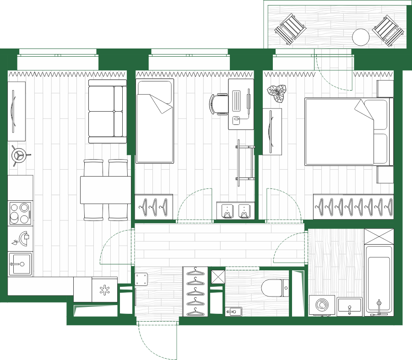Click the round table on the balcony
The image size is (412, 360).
(x=361, y=37)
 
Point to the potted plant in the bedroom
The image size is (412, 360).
(x=277, y=93)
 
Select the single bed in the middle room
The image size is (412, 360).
(x=155, y=122)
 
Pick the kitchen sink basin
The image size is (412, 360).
(x=20, y=264)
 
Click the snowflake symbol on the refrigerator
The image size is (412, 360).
(x=105, y=290)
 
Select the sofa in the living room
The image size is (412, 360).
(x=108, y=111)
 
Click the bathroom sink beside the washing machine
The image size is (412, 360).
(x=350, y=306)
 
